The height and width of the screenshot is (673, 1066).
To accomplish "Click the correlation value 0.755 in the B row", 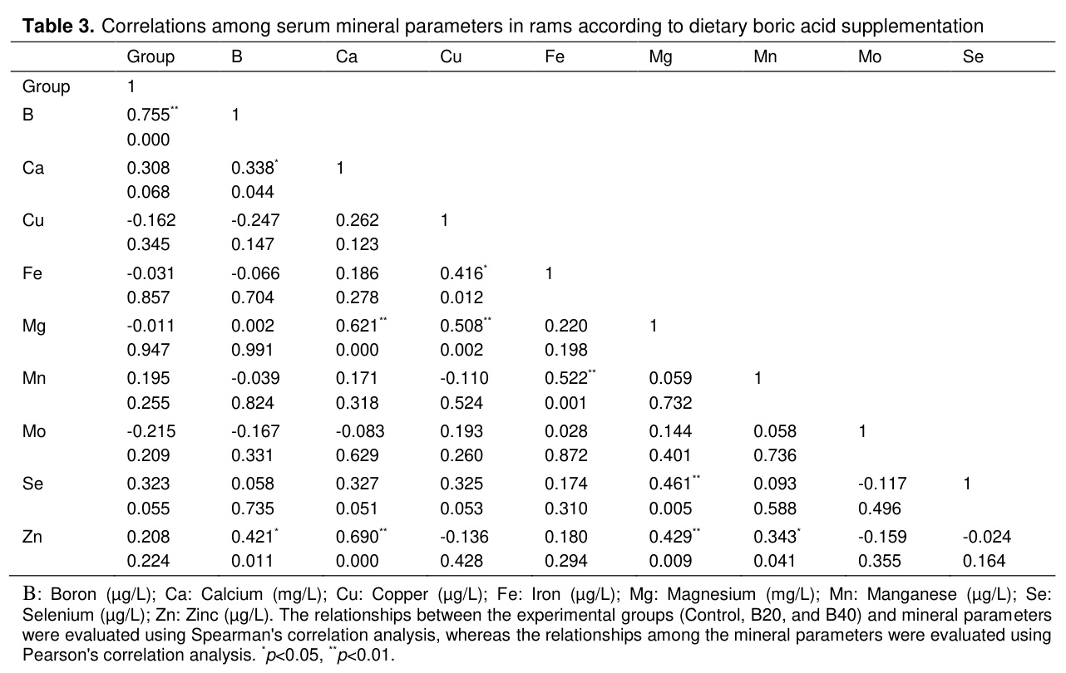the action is click(x=148, y=115).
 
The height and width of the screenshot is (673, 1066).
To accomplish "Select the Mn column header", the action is click(x=765, y=56).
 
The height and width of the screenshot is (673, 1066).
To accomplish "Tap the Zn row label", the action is click(x=32, y=537).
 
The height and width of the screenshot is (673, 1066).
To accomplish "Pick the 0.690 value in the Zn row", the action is click(x=357, y=537).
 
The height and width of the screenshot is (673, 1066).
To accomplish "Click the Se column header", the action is click(x=973, y=56).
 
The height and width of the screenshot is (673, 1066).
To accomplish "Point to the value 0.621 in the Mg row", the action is click(x=357, y=326).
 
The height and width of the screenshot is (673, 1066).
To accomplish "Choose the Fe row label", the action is click(x=32, y=273).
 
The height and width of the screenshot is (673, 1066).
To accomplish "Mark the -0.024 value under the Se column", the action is click(x=986, y=537).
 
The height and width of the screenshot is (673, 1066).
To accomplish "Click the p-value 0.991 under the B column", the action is click(x=252, y=350).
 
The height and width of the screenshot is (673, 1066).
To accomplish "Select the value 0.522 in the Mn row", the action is click(x=565, y=378).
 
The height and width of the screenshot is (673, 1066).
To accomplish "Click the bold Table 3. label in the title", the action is click(x=58, y=26).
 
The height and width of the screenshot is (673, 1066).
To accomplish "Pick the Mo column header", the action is click(x=870, y=56).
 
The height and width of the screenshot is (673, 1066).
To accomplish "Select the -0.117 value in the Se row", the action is click(x=882, y=484).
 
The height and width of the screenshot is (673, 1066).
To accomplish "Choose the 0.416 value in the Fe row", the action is click(x=461, y=273).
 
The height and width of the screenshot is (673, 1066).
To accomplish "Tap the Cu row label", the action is click(x=32, y=220).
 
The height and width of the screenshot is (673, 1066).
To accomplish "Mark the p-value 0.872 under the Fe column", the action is click(x=565, y=455).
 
